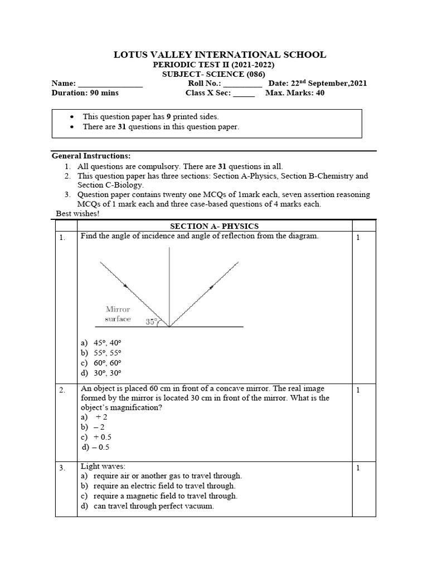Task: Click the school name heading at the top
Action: point(220,55)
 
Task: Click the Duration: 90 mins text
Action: point(85,93)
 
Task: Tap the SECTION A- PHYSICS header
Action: point(214,226)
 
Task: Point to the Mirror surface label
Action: point(118,314)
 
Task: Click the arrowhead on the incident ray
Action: point(125,286)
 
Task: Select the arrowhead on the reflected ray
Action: point(211,287)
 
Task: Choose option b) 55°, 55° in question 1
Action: point(101,353)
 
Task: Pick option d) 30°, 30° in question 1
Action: point(101,372)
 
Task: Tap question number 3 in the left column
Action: point(63,468)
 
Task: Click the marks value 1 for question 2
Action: point(358,390)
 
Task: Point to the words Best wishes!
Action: point(78,213)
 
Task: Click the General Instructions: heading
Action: point(91,156)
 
